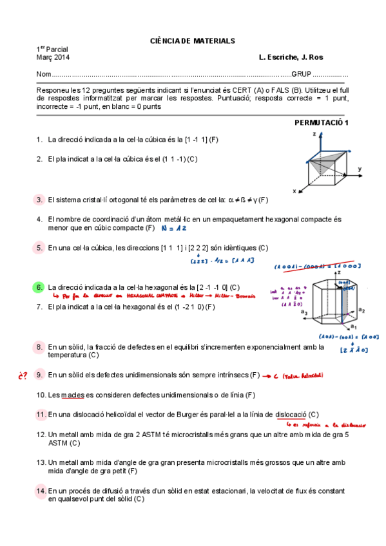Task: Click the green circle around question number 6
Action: click(39, 287)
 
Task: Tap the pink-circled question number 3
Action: click(39, 200)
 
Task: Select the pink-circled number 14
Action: click(41, 491)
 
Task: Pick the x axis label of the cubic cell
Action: click(294, 191)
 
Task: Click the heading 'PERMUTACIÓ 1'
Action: click(313, 122)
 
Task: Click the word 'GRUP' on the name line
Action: click(301, 75)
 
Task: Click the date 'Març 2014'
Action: click(53, 57)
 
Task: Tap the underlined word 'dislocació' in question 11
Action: click(291, 414)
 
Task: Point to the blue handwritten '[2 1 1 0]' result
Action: click(352, 350)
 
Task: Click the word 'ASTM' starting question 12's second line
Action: click(59, 443)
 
